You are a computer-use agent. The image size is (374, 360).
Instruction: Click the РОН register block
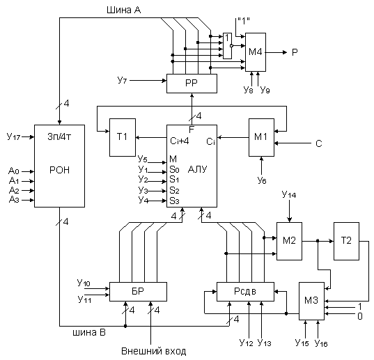point(59,166)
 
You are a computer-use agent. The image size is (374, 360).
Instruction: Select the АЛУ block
point(192,166)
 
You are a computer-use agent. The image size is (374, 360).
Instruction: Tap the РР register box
point(192,84)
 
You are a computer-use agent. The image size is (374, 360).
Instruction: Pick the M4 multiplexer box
point(256,52)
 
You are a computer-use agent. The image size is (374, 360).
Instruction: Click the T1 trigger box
point(123,138)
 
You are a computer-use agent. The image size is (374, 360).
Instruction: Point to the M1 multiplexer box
point(261,138)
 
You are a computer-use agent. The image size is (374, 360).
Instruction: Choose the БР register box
point(138,292)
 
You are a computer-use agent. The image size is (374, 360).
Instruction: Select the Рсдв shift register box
point(245,292)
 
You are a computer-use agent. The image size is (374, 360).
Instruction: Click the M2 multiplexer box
point(289,241)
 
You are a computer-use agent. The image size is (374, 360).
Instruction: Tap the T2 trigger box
point(346,241)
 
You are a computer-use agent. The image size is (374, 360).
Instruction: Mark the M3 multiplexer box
point(311,301)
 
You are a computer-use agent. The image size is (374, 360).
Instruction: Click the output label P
point(295,52)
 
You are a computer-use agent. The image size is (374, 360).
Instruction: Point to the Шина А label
point(123,10)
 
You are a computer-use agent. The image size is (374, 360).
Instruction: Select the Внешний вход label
point(154,351)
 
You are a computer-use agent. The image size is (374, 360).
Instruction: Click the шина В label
point(89,332)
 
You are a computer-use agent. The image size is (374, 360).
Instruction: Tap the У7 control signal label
point(122,80)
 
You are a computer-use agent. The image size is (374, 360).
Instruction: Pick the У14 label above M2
point(289,194)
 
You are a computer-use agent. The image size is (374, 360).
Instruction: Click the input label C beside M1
point(319,143)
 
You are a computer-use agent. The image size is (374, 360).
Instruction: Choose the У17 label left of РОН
point(14,137)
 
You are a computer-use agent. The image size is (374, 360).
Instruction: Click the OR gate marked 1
point(227,46)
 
